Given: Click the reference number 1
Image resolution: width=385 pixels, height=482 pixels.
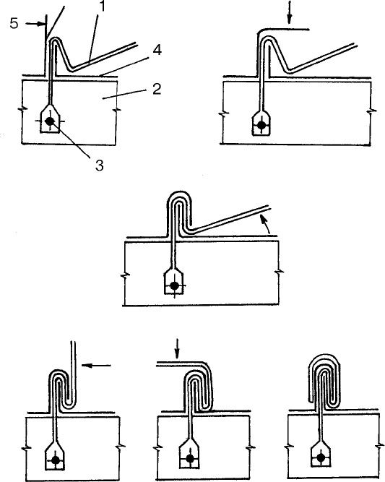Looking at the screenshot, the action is pyautogui.click(x=101, y=7).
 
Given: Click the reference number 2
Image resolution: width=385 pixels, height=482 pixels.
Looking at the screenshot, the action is pyautogui.click(x=157, y=89).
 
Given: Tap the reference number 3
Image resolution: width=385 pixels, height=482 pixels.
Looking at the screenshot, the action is pyautogui.click(x=99, y=165).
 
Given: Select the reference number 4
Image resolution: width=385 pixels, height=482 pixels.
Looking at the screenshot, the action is pyautogui.click(x=157, y=50).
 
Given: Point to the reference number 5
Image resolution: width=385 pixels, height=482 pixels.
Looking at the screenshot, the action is pyautogui.click(x=14, y=23).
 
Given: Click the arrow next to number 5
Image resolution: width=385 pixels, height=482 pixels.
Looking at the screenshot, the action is pyautogui.click(x=35, y=24).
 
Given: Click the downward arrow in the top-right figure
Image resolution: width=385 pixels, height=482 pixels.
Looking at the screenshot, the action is pyautogui.click(x=289, y=12).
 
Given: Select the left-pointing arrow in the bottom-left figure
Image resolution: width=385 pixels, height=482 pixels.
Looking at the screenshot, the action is pyautogui.click(x=97, y=365).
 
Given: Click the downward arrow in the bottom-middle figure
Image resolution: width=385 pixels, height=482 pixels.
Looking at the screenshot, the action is pyautogui.click(x=177, y=349).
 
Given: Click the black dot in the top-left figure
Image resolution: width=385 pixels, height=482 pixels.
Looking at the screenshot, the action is pyautogui.click(x=49, y=121).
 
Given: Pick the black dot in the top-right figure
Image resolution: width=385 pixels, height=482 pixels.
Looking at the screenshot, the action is pyautogui.click(x=261, y=125).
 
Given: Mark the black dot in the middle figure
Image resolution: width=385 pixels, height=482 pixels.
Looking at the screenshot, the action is pyautogui.click(x=174, y=285).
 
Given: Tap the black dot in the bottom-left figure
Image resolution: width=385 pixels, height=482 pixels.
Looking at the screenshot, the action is pyautogui.click(x=56, y=460).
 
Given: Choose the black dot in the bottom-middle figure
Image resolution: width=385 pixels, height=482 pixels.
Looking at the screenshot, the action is pyautogui.click(x=190, y=459).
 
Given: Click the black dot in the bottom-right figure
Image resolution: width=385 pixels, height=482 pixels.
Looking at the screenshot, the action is pyautogui.click(x=321, y=458).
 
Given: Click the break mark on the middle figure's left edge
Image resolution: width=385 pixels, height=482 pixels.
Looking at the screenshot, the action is pyautogui.click(x=125, y=275).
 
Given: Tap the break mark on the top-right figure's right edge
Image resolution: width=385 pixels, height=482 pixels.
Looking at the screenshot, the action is pyautogui.click(x=373, y=113).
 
